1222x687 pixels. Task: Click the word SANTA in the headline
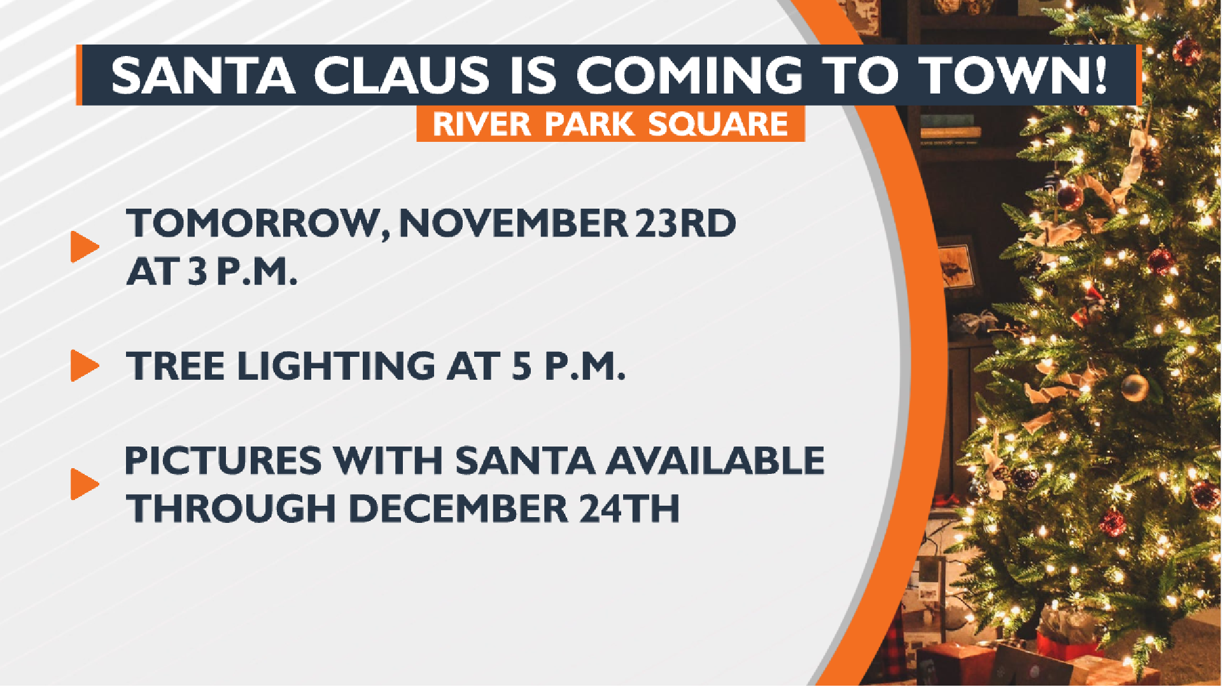203,76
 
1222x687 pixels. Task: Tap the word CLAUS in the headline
401,76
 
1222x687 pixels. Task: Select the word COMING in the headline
689,76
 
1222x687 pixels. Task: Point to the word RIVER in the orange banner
482,124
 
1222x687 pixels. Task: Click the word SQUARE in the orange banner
718,124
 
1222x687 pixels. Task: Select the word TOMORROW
258,224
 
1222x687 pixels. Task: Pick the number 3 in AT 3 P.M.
197,272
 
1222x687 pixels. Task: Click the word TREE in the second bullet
175,366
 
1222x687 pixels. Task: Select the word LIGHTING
336,366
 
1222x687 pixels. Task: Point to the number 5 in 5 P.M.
522,366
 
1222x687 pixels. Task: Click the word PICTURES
223,461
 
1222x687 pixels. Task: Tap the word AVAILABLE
715,461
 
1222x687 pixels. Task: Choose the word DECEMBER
458,508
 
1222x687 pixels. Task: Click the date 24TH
629,508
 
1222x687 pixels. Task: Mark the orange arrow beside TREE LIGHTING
84,366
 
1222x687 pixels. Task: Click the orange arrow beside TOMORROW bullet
84,247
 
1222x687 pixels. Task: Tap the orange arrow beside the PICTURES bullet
84,484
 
